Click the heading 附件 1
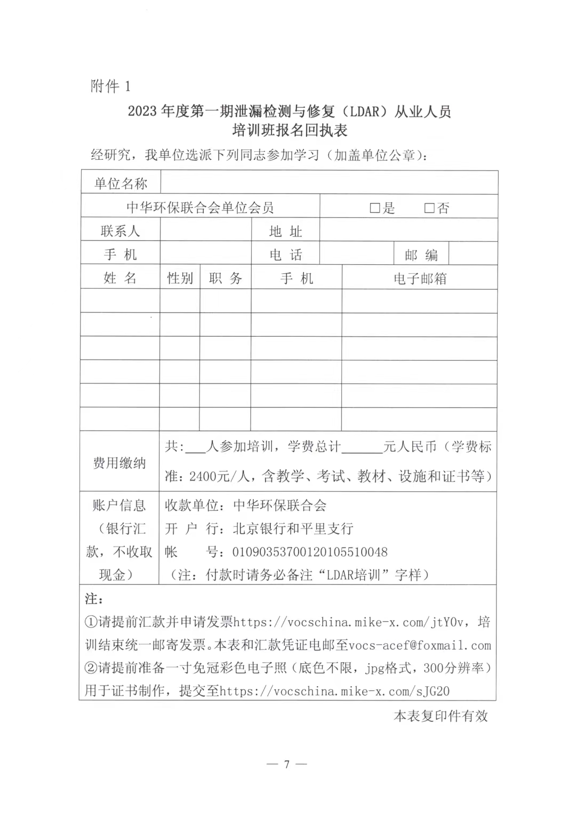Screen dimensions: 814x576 [110, 86]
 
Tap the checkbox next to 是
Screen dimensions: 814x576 [374, 208]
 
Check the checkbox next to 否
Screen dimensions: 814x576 [429, 208]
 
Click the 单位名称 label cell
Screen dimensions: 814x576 [121, 184]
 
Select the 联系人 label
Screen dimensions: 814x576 [120, 231]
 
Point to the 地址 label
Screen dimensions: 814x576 [285, 231]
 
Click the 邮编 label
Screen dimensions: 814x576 [421, 255]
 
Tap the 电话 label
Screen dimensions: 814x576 [285, 255]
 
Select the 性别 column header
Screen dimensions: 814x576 [180, 278]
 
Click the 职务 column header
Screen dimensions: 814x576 [226, 278]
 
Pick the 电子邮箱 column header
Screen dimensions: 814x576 [420, 278]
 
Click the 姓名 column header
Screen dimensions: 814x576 [120, 278]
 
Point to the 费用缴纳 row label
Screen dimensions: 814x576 [119, 462]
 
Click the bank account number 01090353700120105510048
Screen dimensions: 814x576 [310, 552]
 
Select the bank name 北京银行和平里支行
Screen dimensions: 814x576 [293, 528]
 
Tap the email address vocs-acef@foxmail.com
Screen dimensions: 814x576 [419, 645]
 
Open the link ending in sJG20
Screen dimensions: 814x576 [334, 691]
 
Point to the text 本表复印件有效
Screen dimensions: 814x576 [441, 716]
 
